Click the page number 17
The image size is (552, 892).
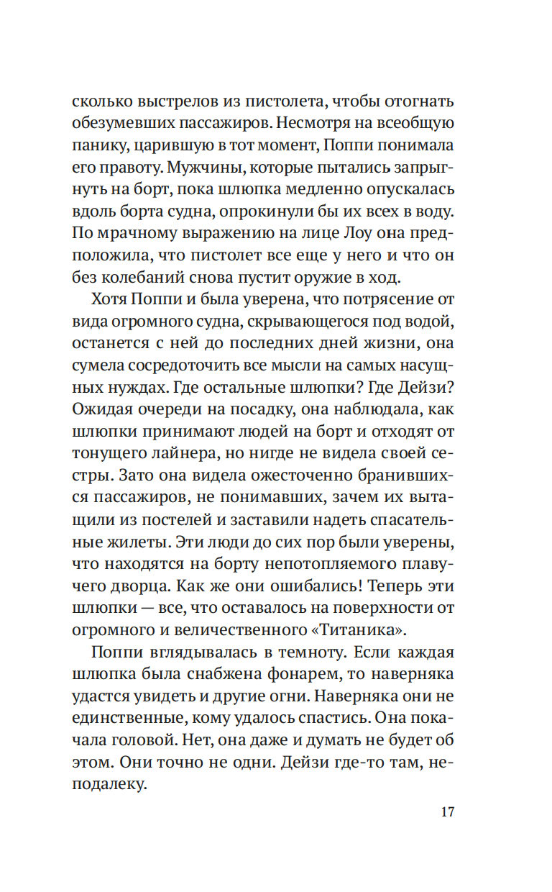(446, 813)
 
